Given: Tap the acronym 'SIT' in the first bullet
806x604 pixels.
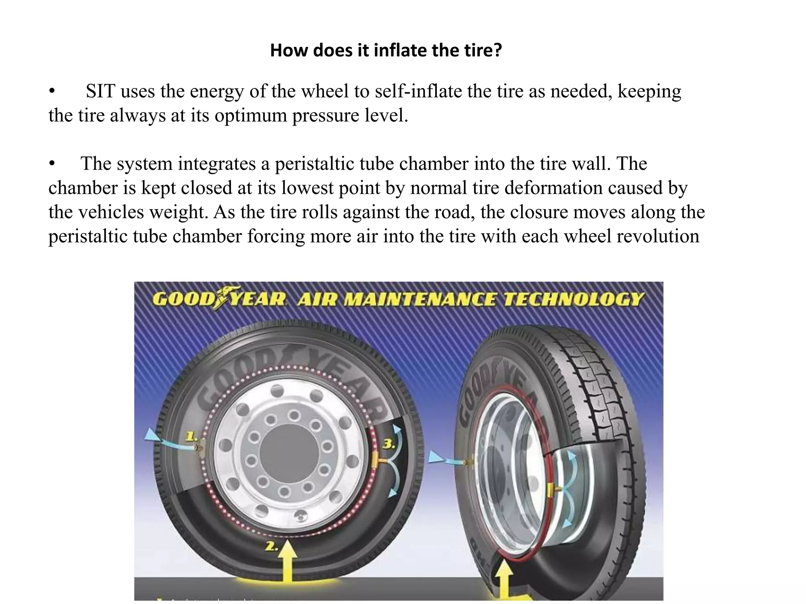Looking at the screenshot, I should pyautogui.click(x=101, y=92).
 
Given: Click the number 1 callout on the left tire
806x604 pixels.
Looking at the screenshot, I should pyautogui.click(x=191, y=436).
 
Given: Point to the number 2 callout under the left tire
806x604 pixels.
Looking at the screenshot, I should pyautogui.click(x=272, y=547).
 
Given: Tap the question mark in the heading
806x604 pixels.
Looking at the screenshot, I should pyautogui.click(x=497, y=51).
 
